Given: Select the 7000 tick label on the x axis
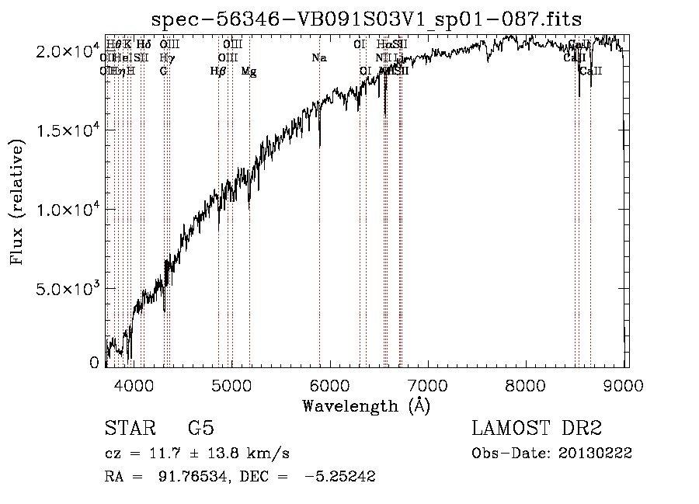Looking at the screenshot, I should [429, 384].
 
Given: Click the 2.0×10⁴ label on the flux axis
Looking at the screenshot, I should [68, 51].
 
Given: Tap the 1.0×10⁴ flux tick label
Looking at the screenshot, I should [68, 210].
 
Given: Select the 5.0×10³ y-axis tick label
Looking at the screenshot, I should [68, 289].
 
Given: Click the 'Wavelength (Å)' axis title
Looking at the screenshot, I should [366, 405].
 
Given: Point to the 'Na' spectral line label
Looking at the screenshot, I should [318, 57].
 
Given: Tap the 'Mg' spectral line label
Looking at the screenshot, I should [249, 71].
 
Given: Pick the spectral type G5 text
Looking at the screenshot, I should [200, 429].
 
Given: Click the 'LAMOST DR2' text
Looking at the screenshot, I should [537, 429].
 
